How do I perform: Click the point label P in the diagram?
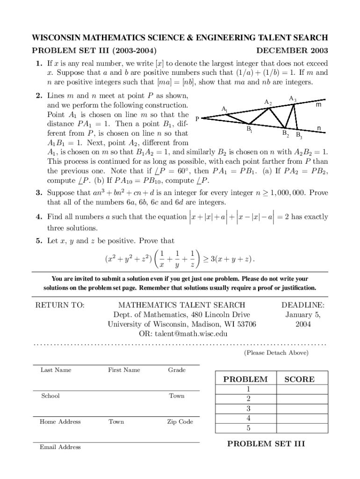click(x=197, y=119)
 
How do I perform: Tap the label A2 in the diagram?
click(x=268, y=102)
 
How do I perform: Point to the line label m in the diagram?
click(x=318, y=105)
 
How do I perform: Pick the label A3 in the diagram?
click(x=293, y=99)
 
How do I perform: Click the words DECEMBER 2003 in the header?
click(x=292, y=51)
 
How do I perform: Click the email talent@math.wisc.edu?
click(x=183, y=334)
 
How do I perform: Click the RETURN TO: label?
click(x=60, y=305)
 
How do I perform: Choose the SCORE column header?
click(x=299, y=379)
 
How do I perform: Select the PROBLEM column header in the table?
click(x=245, y=379)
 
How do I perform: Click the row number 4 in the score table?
click(x=248, y=418)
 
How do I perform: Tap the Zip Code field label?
click(x=180, y=421)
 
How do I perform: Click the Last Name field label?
click(x=56, y=370)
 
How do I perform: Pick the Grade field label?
click(x=177, y=370)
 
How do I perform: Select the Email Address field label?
click(x=60, y=447)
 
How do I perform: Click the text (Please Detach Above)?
click(x=276, y=353)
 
